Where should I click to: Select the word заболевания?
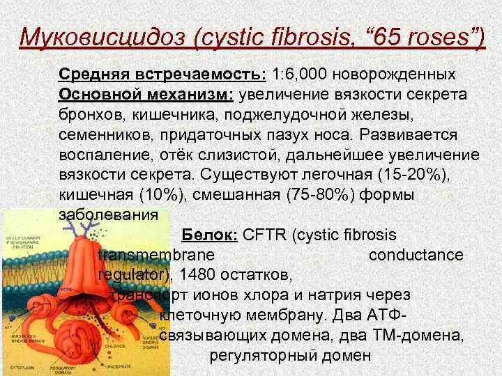pyautogui.click(x=109, y=215)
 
